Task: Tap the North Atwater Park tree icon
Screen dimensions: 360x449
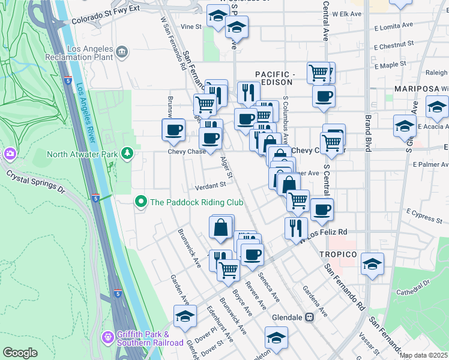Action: (126, 154)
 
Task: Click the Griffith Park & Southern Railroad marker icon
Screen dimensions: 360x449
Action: (108, 337)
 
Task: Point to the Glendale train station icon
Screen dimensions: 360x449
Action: (310, 317)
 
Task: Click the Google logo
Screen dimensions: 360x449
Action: (20, 353)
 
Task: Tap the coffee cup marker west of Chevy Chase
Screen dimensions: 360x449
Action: (174, 130)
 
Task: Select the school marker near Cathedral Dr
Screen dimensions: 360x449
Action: (372, 264)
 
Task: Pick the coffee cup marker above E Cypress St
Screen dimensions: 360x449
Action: (322, 209)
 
